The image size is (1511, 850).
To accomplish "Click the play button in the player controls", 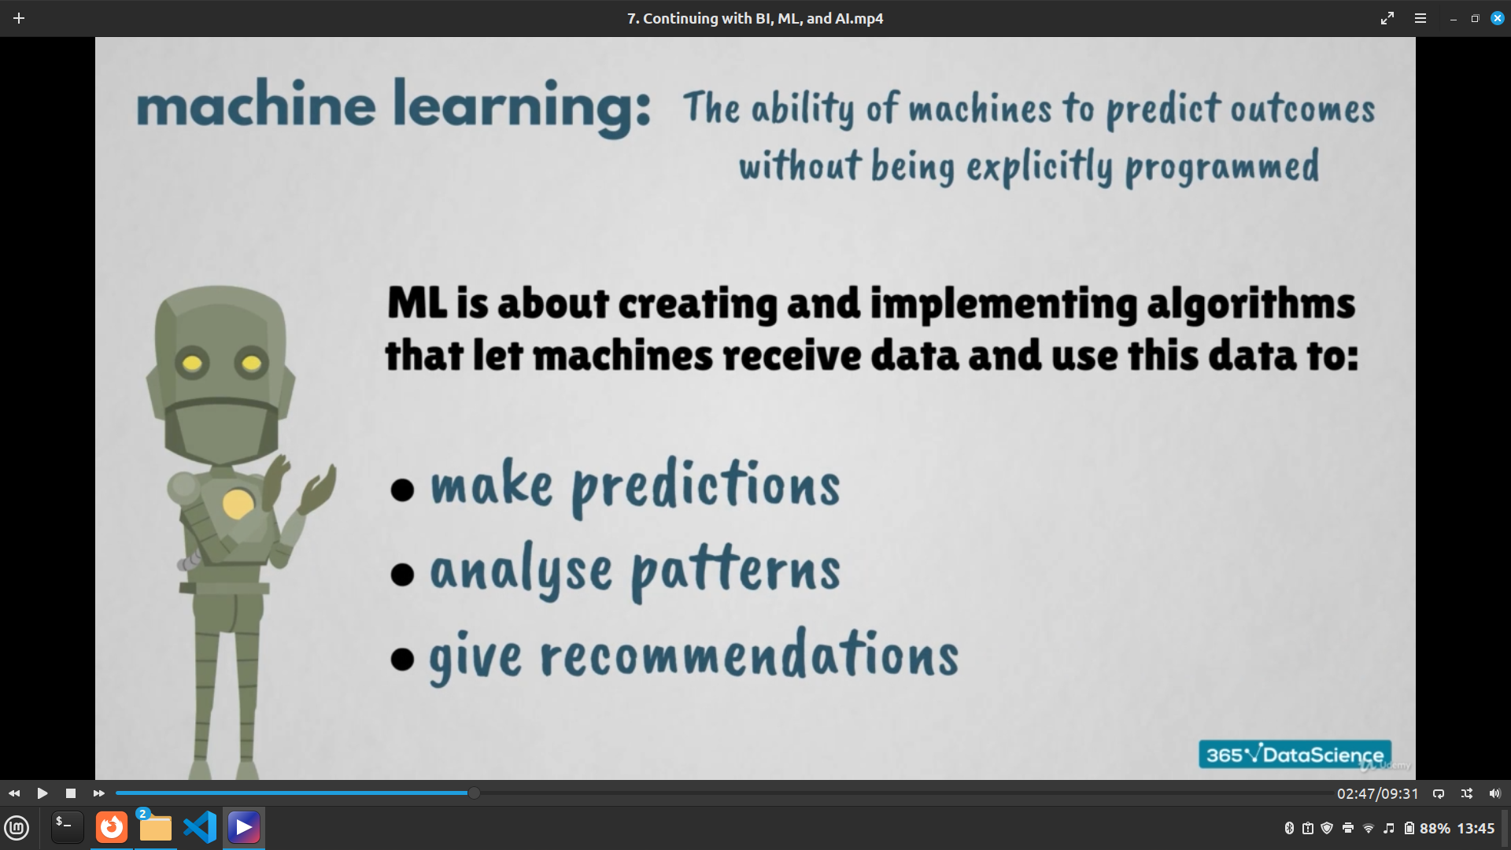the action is (x=42, y=793).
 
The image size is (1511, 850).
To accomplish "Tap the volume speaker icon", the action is (x=1494, y=793).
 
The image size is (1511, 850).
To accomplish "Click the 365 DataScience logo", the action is (x=1295, y=755).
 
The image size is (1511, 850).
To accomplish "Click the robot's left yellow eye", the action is (x=193, y=364).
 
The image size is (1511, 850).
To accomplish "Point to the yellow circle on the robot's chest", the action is (x=238, y=504).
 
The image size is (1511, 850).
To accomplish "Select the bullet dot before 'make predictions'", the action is (x=402, y=490).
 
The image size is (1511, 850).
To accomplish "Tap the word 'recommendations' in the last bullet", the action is (x=749, y=655).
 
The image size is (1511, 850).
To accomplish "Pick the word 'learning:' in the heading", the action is (x=522, y=106).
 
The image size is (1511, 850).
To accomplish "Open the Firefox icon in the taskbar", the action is (x=112, y=827).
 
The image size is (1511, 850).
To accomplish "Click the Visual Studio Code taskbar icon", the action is (x=200, y=827).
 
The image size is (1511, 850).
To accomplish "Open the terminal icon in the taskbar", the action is (x=68, y=827).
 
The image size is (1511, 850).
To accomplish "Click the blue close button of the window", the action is (x=1497, y=18).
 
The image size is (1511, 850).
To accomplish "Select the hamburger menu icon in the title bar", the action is (x=1420, y=18).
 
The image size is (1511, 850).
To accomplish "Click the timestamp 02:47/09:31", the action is (x=1377, y=794).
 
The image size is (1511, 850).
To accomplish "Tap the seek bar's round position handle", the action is (x=474, y=793).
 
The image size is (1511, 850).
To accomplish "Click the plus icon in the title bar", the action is (x=19, y=18).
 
